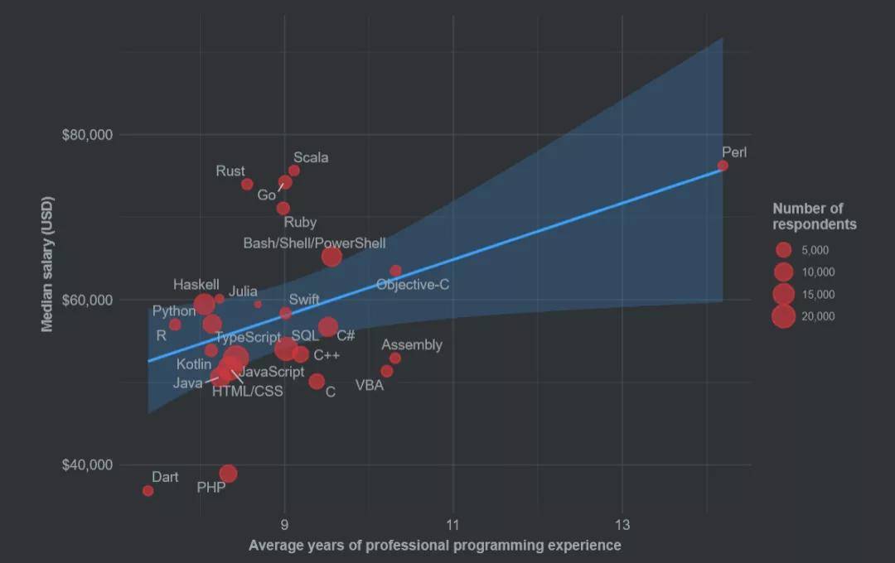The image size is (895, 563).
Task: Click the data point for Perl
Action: point(723,166)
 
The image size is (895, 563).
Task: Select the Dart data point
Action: point(148,491)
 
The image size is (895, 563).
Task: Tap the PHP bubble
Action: point(228,474)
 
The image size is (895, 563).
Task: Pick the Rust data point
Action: point(247,184)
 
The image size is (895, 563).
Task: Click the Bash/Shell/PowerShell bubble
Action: point(331,257)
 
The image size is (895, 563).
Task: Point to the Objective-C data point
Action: point(395,271)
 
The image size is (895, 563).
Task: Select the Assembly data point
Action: point(395,358)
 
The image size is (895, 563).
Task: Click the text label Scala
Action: point(311,157)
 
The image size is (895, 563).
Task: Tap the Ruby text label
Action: point(300,222)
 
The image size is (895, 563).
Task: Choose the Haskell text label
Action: point(196,285)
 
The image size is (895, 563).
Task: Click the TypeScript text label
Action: point(248,338)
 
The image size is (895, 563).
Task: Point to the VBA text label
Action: point(370,385)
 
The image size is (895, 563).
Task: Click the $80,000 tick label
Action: point(87,134)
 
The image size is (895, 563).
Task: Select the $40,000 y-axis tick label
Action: point(87,464)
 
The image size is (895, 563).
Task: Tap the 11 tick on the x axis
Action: point(453,524)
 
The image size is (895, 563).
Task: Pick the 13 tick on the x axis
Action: point(622,524)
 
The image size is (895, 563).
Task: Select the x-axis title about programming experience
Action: point(435,546)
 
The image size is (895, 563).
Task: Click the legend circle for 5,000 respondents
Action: point(783,250)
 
